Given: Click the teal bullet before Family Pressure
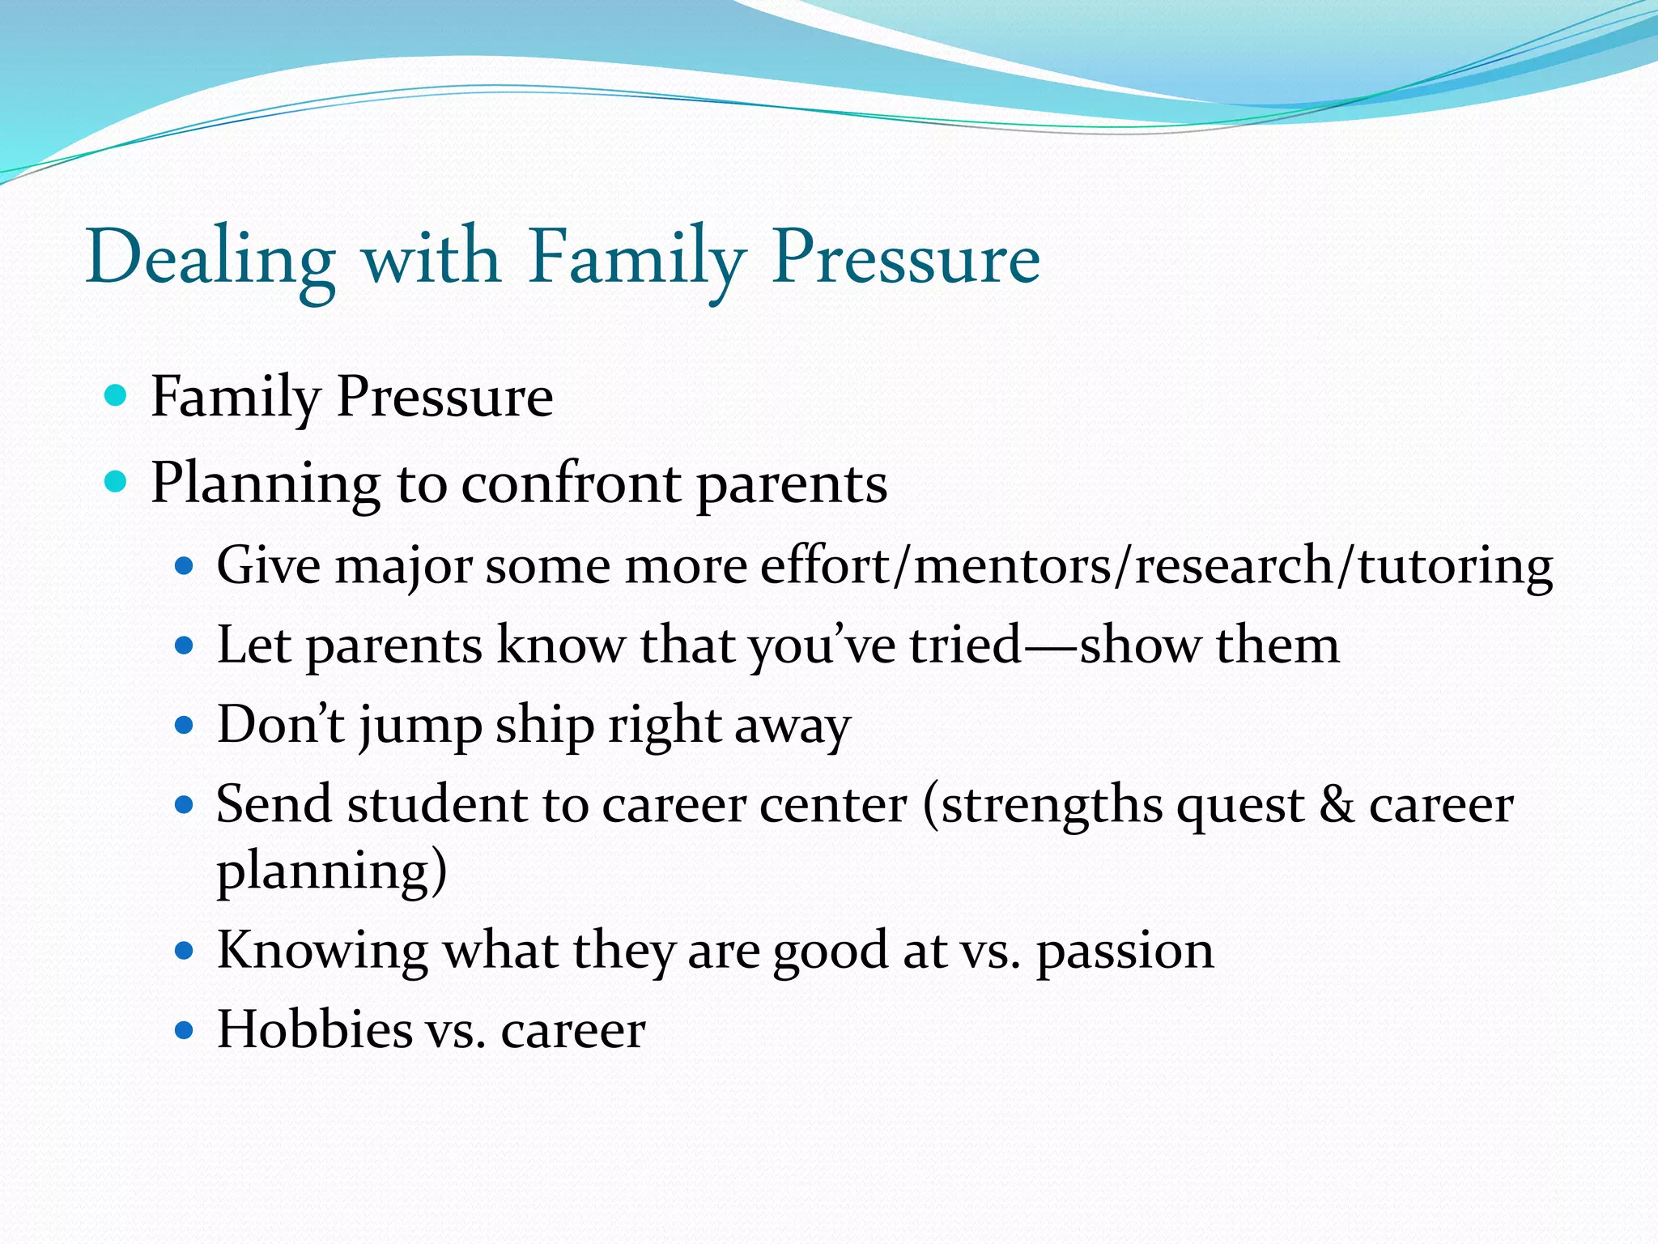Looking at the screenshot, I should coord(117,396).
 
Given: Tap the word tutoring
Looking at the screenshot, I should coord(1455,567).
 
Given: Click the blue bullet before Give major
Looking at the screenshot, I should coord(185,566).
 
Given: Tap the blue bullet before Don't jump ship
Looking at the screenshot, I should coord(185,724).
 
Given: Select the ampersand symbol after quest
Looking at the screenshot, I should coord(1337,805).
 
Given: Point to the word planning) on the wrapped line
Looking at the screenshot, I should coord(332,871).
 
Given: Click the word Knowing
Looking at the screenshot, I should coord(322,951).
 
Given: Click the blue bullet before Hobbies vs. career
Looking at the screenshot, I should coord(185,1030).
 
